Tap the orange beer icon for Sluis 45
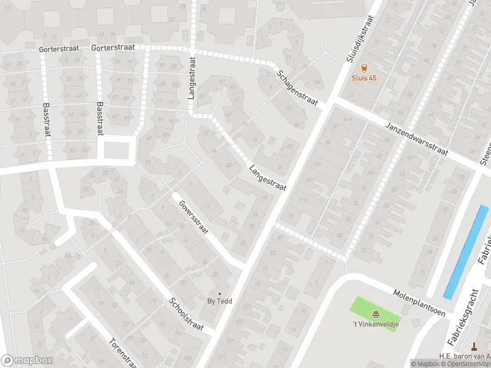[x=364, y=67]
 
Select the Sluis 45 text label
[x=364, y=78]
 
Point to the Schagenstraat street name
[x=297, y=88]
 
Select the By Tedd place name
[x=219, y=301]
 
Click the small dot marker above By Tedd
[x=219, y=293]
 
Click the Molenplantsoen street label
[x=419, y=295]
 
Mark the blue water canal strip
[x=466, y=251]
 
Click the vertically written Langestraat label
[x=193, y=79]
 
